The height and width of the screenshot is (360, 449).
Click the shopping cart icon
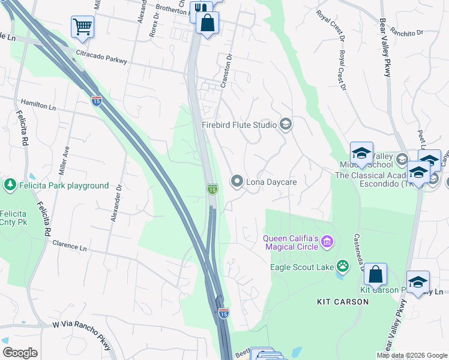point(82,26)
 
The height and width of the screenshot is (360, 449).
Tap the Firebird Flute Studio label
point(239,125)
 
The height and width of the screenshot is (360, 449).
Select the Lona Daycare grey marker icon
point(237,181)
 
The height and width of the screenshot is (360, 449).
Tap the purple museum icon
point(327,242)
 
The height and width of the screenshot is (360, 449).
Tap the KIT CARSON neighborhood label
point(343,302)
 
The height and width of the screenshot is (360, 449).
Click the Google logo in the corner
point(20,353)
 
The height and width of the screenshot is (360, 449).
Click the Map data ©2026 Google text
point(411,355)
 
